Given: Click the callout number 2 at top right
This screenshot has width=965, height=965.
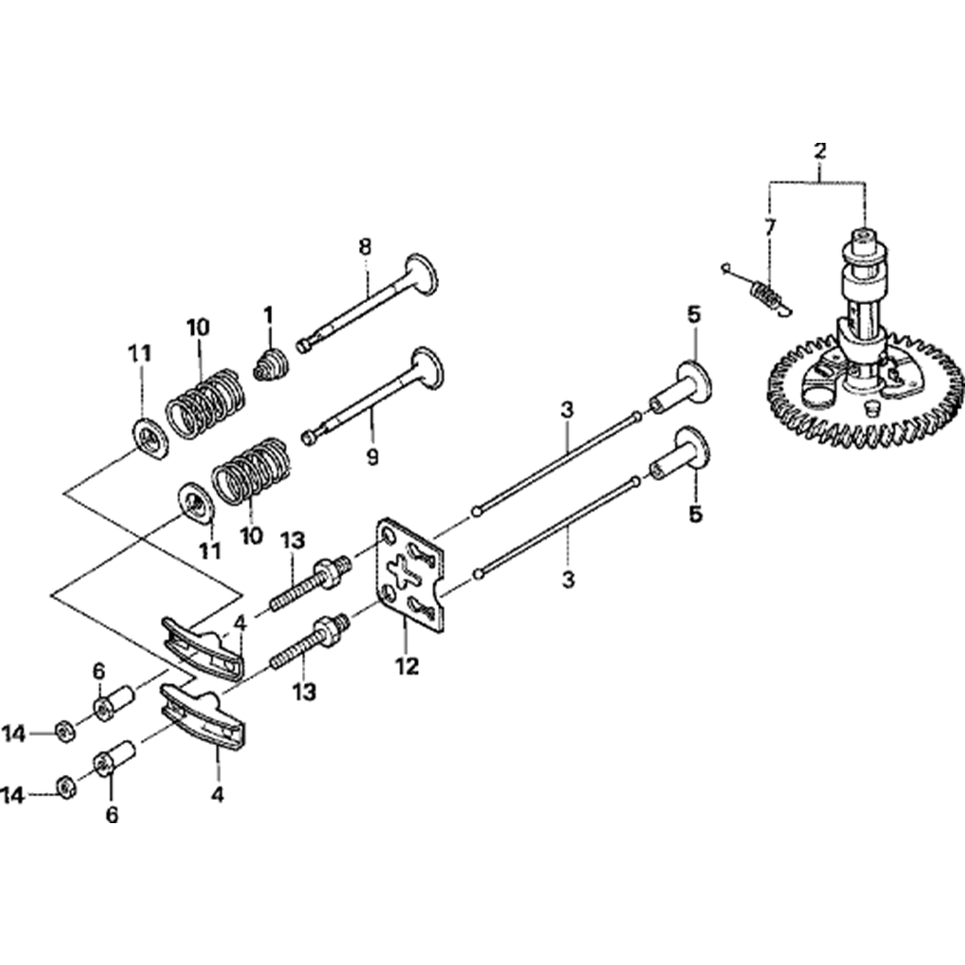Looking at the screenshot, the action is coord(819,151).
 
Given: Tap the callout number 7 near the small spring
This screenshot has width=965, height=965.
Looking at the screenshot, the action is coord(769,229).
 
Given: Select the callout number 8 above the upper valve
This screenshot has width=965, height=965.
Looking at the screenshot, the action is coord(365,247).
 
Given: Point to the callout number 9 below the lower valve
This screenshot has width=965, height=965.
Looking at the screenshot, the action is coord(372,456).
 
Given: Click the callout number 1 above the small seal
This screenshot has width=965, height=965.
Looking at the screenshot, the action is coord(268,317).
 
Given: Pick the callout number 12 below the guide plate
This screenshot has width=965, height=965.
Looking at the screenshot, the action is coord(407,666).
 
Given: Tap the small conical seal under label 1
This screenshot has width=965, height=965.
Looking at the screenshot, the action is coord(272,364).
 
